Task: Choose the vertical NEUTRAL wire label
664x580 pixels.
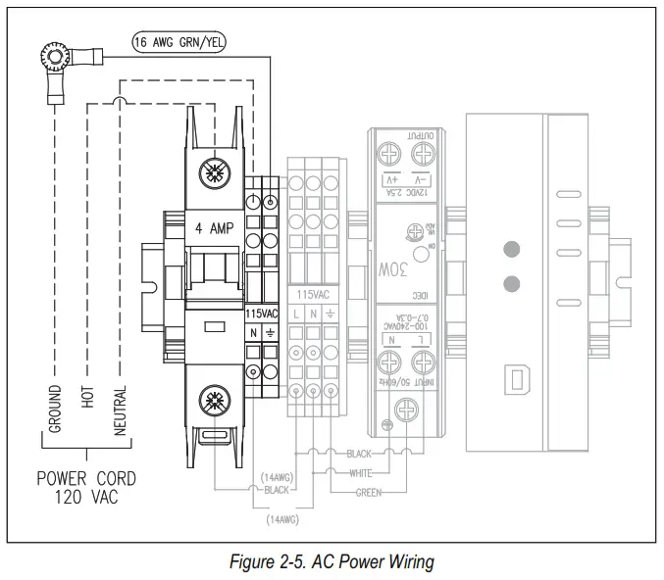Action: [x=120, y=411]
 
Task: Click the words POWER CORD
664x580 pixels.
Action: [x=86, y=479]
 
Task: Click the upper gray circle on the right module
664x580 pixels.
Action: [x=509, y=250]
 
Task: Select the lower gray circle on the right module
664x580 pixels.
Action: [x=509, y=284]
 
